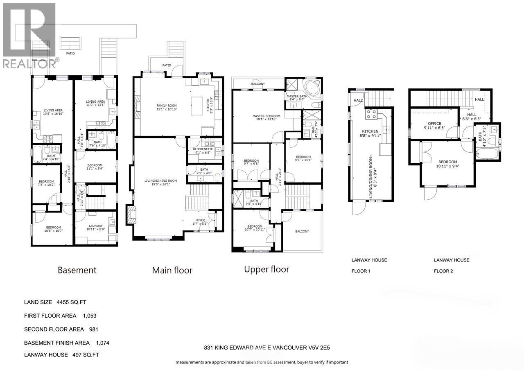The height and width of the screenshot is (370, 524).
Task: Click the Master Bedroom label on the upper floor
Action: click(x=266, y=116)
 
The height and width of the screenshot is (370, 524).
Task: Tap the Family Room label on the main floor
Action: click(x=166, y=106)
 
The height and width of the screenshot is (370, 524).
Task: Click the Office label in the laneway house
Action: click(x=434, y=123)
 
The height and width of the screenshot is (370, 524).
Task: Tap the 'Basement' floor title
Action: click(x=77, y=270)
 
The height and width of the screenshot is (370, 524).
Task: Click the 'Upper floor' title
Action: click(x=267, y=269)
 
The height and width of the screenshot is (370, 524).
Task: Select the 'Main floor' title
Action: click(x=172, y=270)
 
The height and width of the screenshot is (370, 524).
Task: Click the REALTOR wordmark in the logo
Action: click(x=28, y=63)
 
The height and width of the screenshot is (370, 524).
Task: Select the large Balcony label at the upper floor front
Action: click(x=302, y=232)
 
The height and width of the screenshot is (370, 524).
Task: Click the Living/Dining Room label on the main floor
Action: click(x=160, y=180)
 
